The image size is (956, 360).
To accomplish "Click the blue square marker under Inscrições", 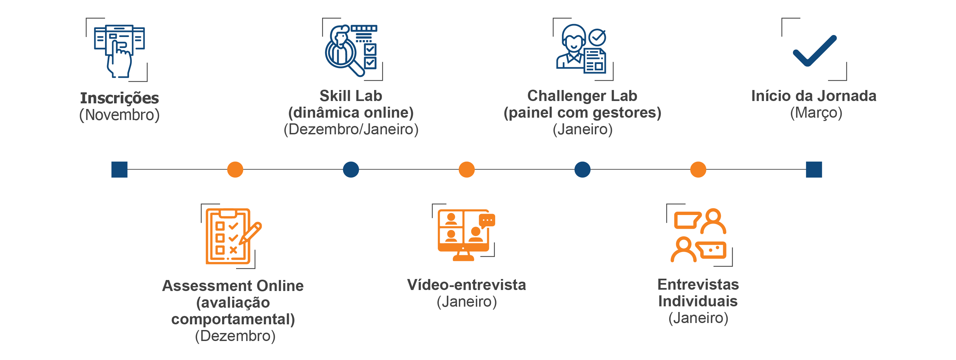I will click(119, 170).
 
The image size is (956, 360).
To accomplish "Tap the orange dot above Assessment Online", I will click(235, 170).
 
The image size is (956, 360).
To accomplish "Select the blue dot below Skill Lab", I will click(351, 170).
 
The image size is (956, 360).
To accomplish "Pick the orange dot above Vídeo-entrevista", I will click(466, 170).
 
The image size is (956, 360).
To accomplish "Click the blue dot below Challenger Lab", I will click(582, 170).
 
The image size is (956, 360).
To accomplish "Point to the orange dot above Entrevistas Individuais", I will click(698, 170).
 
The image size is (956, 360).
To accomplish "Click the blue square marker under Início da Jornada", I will click(814, 170).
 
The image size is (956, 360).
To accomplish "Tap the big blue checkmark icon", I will click(815, 51).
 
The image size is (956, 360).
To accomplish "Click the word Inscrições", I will click(119, 98).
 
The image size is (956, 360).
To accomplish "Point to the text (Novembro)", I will click(119, 115).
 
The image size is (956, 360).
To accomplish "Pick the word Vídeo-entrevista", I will click(466, 285).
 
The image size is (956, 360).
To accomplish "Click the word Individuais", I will click(698, 301).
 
